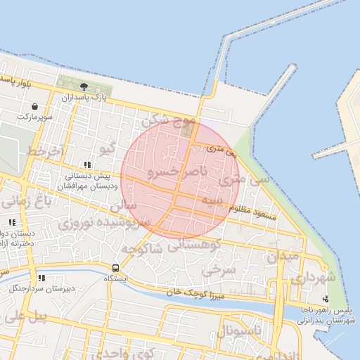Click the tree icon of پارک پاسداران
point(84,86)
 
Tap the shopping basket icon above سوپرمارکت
point(34,106)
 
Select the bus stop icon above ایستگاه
point(115,268)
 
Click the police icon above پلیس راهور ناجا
point(324,300)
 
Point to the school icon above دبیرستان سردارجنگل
point(41,278)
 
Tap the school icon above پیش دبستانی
point(87,165)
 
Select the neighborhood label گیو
point(108,149)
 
